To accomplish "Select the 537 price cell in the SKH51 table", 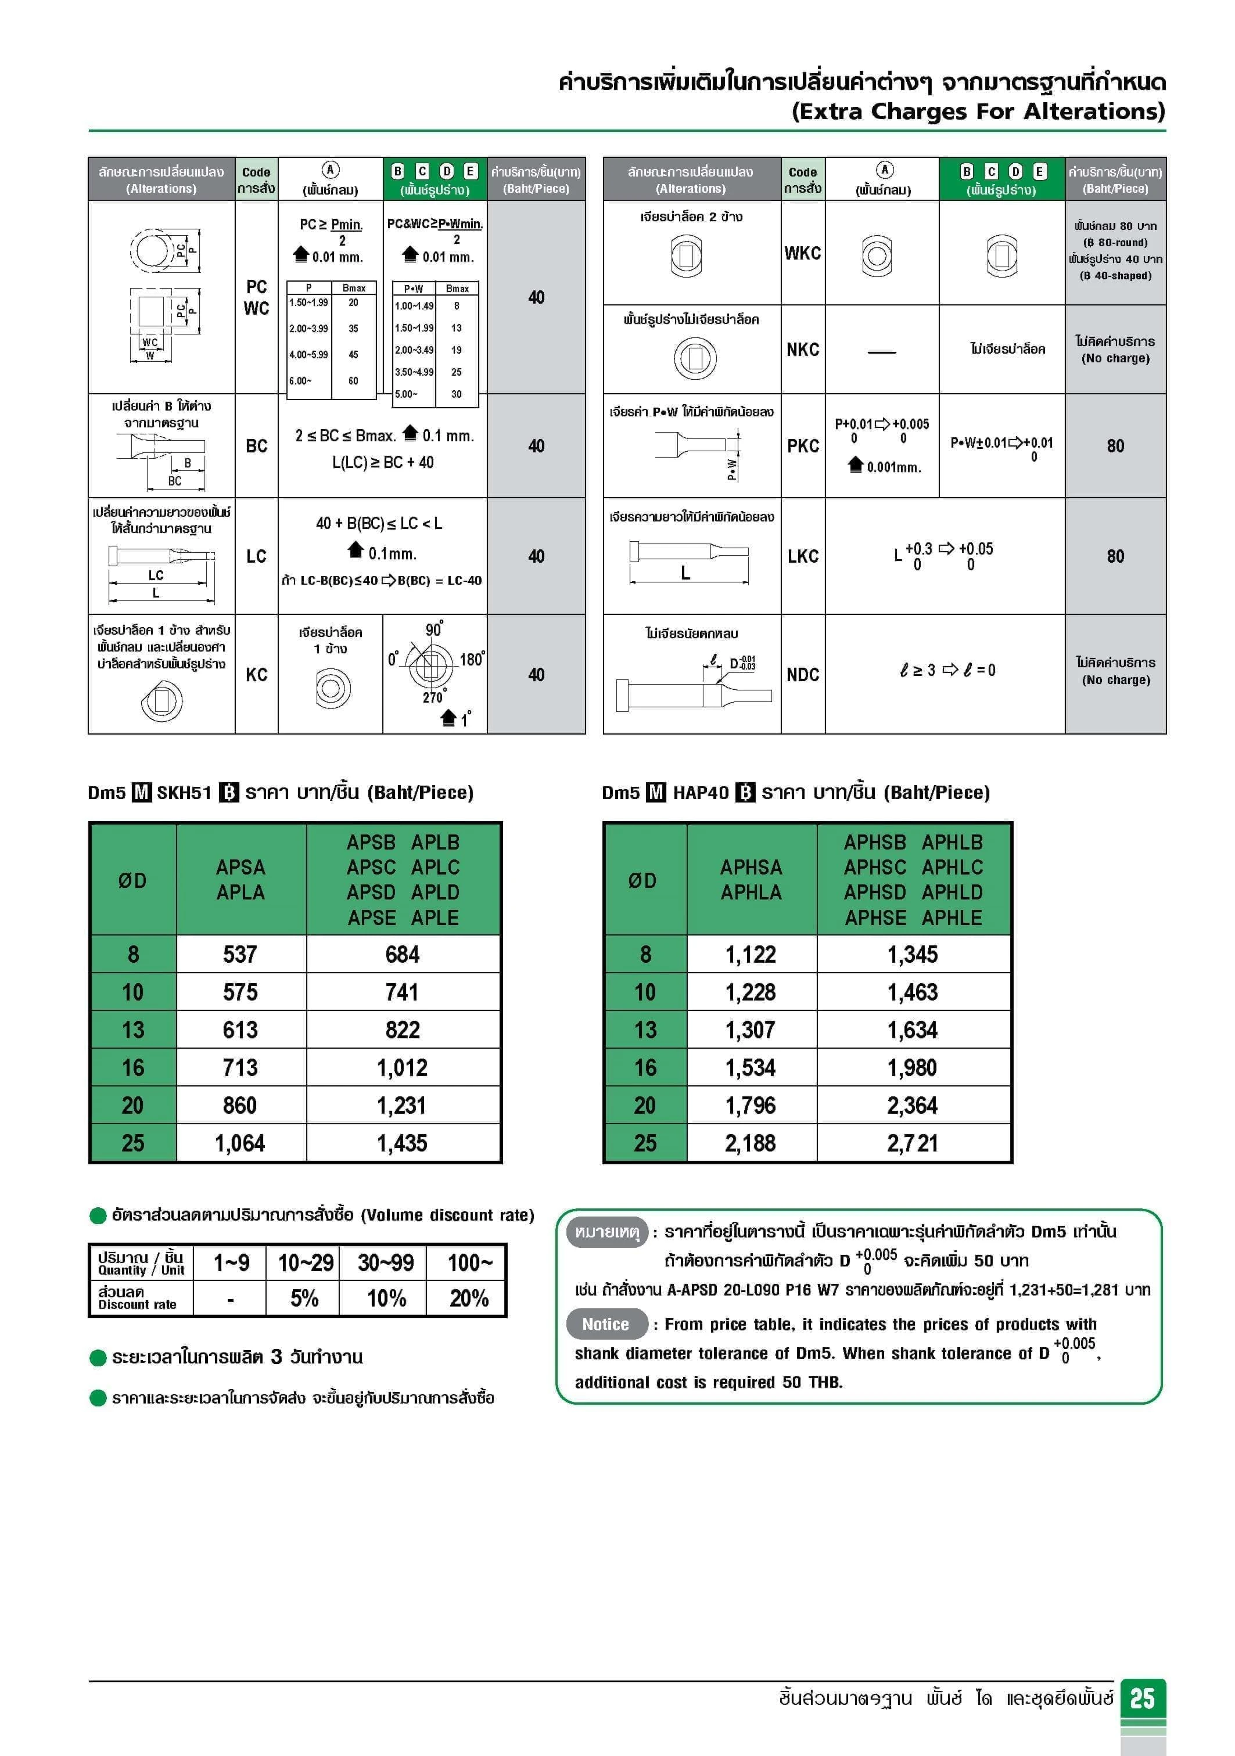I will point(240,955).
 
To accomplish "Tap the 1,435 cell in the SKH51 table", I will point(402,1143).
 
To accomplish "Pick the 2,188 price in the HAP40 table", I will point(750,1143).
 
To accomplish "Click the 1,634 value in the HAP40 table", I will point(912,1030).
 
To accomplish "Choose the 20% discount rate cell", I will point(468,1298).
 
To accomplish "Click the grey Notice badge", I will point(605,1324).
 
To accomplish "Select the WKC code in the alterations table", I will point(803,253).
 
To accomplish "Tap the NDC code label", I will point(803,675).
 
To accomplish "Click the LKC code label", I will point(803,556).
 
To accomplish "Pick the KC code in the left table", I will point(256,675).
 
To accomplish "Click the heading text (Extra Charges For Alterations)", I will point(978,111).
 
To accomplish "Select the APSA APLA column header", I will point(240,880).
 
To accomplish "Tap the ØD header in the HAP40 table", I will point(642,880).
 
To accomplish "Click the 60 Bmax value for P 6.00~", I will point(354,381).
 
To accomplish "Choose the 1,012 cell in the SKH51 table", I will point(402,1068).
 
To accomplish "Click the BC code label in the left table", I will point(256,446).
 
